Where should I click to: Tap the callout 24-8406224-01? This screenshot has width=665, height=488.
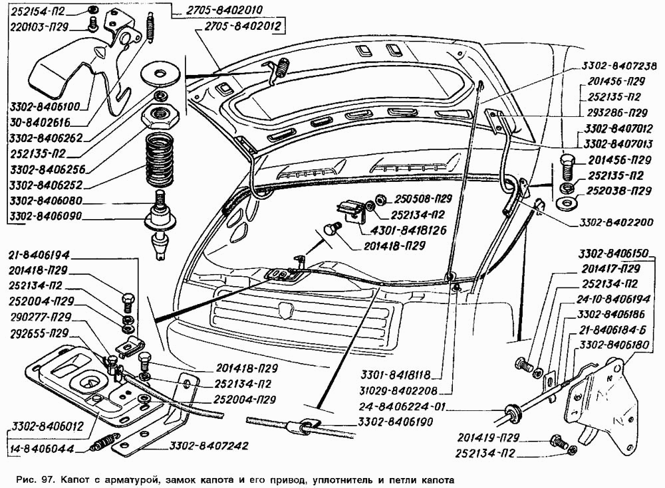coord(408,406)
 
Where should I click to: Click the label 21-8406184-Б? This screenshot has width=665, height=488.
coord(613,330)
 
